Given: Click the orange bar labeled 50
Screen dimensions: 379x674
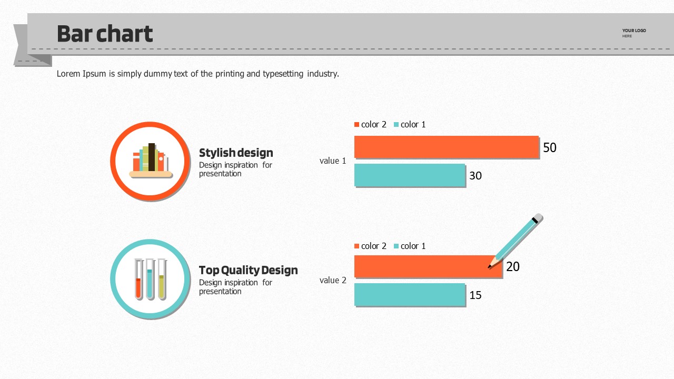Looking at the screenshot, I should tap(447, 147).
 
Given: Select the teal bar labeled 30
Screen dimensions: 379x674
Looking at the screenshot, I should tap(410, 175).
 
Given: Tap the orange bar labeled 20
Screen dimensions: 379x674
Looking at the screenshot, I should tap(421, 266).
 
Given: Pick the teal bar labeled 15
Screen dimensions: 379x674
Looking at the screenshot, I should tap(410, 294).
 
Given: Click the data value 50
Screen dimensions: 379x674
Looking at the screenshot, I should tap(549, 148).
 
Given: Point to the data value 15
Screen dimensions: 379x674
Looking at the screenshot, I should tap(475, 295).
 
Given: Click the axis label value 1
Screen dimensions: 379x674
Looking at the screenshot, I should tap(333, 161).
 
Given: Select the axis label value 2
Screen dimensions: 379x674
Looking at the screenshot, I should tap(333, 280).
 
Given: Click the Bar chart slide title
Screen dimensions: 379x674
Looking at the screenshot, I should tap(105, 34).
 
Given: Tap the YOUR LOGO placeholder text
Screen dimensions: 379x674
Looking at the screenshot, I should tap(634, 31).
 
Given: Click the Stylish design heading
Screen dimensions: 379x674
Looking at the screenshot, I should tap(236, 153).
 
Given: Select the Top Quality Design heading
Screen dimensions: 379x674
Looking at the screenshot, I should tap(248, 270).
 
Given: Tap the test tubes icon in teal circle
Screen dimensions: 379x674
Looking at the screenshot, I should tap(151, 279).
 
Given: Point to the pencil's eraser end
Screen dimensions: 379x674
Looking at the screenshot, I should tap(538, 218).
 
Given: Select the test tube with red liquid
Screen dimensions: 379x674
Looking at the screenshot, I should tap(138, 280).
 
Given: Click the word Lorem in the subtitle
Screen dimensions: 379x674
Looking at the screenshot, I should tap(68, 74).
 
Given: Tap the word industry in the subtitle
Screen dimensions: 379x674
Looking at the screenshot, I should tap(322, 74).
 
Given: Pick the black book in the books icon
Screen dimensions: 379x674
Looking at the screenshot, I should tap(152, 157).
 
